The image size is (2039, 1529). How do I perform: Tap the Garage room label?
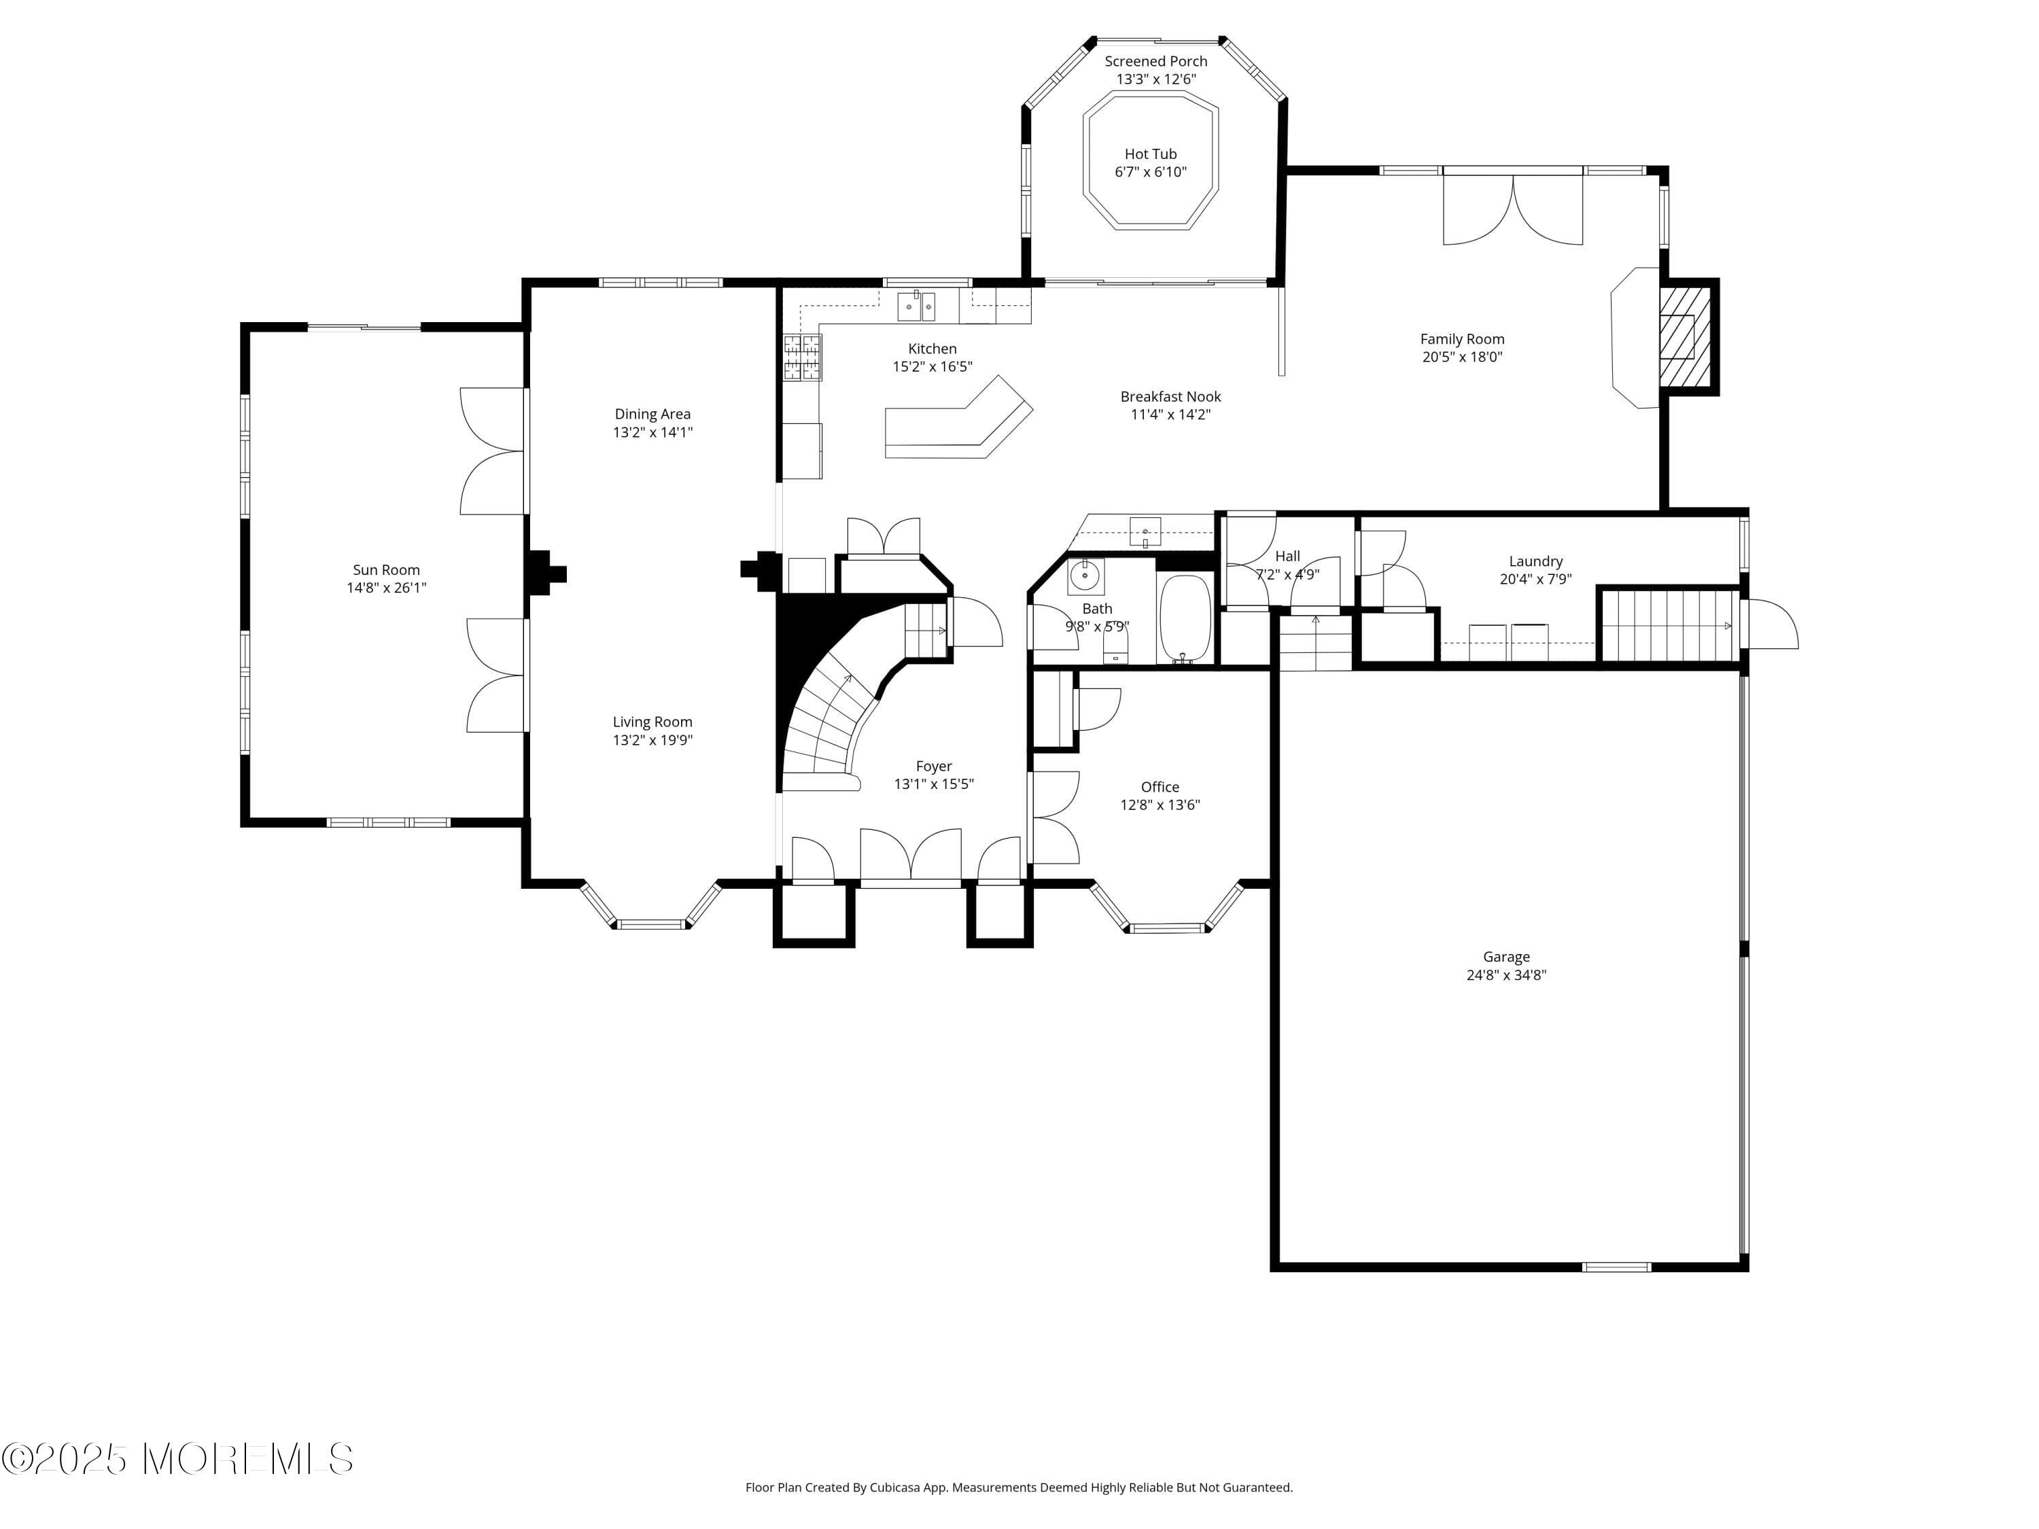click(x=1505, y=957)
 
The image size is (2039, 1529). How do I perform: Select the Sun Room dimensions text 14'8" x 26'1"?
click(x=386, y=588)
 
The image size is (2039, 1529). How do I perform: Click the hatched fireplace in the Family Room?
click(x=1684, y=336)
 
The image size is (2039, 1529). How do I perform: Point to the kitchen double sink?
click(x=916, y=306)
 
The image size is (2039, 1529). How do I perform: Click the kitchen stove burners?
click(x=802, y=357)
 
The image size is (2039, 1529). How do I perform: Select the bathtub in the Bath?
click(x=1185, y=618)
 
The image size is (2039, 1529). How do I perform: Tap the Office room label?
click(x=1160, y=786)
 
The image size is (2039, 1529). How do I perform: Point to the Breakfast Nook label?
click(x=1170, y=396)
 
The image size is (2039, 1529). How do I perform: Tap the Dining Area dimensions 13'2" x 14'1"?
click(x=652, y=432)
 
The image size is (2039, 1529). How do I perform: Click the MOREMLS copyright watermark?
click(x=177, y=1459)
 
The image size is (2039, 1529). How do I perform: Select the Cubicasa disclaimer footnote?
click(x=1019, y=1488)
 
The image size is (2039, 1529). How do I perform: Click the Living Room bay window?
click(x=651, y=921)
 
